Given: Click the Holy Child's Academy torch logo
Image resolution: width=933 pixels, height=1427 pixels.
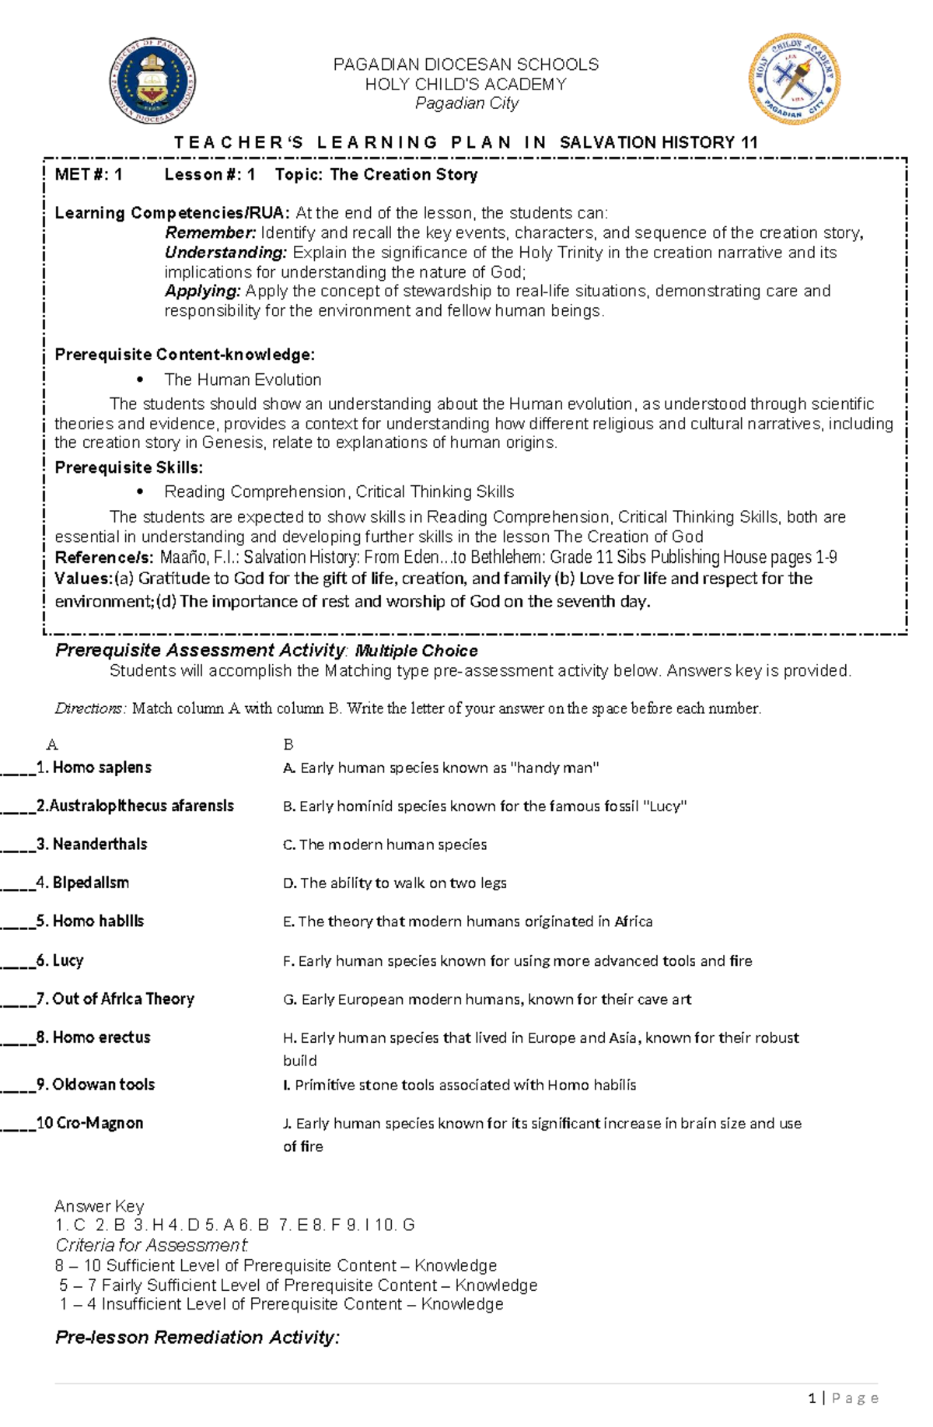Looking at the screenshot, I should tap(794, 79).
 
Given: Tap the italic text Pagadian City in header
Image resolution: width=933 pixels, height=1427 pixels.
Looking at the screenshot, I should tap(466, 103).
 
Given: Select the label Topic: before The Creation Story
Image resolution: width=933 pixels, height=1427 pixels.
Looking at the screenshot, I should tap(299, 174).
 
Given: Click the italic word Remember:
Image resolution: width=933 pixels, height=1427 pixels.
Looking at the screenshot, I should tap(210, 233).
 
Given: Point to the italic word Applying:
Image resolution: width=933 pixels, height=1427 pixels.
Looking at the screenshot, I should tap(203, 291).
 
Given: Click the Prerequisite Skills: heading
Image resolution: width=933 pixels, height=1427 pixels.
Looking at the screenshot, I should tap(128, 467).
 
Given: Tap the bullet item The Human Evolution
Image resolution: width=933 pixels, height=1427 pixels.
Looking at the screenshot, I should tap(243, 379).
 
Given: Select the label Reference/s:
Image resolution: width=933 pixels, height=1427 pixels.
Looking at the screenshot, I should tap(104, 557).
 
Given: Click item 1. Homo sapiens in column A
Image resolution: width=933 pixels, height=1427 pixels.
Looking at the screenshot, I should tap(101, 768).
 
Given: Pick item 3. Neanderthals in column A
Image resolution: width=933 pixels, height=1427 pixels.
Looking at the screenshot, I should tap(100, 845).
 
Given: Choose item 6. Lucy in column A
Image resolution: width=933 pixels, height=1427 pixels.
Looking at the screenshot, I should tap(68, 960).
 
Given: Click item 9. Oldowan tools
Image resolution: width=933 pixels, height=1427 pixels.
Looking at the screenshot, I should tap(103, 1084).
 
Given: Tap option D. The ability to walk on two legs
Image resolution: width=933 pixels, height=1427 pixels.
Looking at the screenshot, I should tap(395, 883).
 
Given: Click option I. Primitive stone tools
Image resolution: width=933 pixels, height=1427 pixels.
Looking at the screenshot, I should tap(460, 1085).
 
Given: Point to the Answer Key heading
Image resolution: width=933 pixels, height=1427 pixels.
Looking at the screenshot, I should tap(99, 1206).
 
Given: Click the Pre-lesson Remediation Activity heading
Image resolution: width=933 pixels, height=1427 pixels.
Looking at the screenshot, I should tap(197, 1338).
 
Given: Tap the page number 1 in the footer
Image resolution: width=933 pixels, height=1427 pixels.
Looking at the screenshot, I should tap(812, 1398).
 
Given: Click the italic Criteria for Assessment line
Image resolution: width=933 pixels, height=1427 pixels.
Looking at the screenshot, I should tap(151, 1244).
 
